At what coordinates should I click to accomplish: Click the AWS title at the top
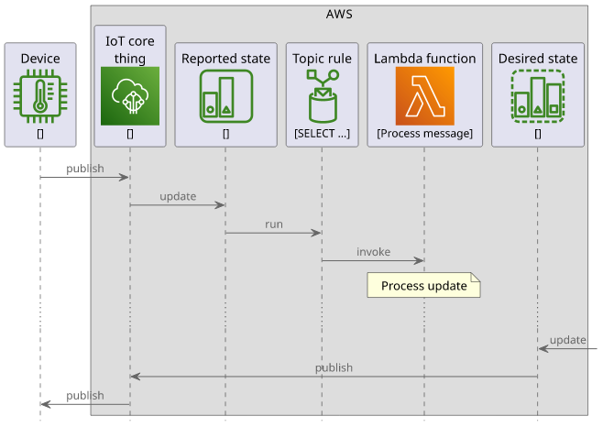pos(339,15)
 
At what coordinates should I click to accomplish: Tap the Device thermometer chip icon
pos(40,96)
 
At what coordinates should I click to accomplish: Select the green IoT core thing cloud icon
pos(130,96)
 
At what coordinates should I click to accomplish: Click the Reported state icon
pos(226,96)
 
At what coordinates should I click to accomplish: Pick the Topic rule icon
pos(323,96)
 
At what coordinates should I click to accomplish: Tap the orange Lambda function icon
pos(425,96)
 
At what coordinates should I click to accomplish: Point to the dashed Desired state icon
pos(538,96)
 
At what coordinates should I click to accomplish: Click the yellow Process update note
pos(423,285)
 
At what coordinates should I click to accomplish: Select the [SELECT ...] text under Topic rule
pos(323,134)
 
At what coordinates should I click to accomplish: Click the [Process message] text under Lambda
pos(425,134)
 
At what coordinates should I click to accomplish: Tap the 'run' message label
pos(274,224)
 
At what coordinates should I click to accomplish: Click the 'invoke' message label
pos(373,252)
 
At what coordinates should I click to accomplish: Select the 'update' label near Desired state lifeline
pos(567,340)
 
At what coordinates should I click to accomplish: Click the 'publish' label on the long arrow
pos(334,368)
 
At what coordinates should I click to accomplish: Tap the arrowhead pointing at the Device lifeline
pos(46,404)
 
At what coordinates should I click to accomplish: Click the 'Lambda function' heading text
pos(425,59)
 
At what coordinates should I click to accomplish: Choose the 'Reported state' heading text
pos(225,59)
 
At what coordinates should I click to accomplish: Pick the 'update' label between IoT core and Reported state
pos(178,197)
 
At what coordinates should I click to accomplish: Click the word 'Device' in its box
pos(40,59)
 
